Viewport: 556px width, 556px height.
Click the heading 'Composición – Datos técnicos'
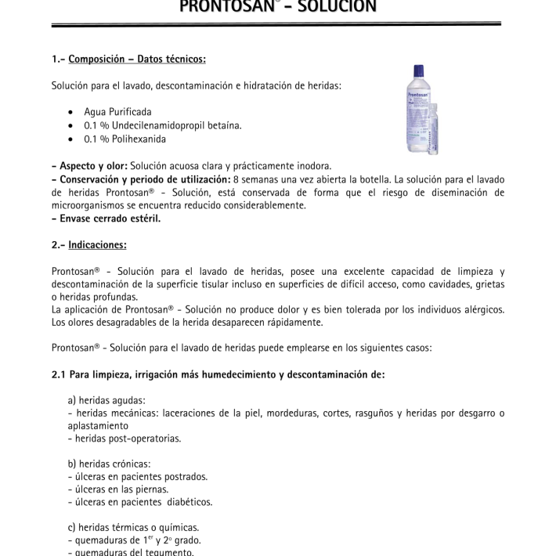click(x=137, y=59)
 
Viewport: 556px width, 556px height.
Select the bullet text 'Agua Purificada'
click(x=118, y=112)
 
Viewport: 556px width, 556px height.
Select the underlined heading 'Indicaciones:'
click(x=97, y=245)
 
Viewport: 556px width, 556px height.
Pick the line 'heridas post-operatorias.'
click(x=127, y=439)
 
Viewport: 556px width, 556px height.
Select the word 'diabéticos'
click(x=188, y=502)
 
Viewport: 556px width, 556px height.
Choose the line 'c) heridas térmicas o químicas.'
click(x=133, y=527)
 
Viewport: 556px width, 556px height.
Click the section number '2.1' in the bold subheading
click(x=60, y=374)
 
